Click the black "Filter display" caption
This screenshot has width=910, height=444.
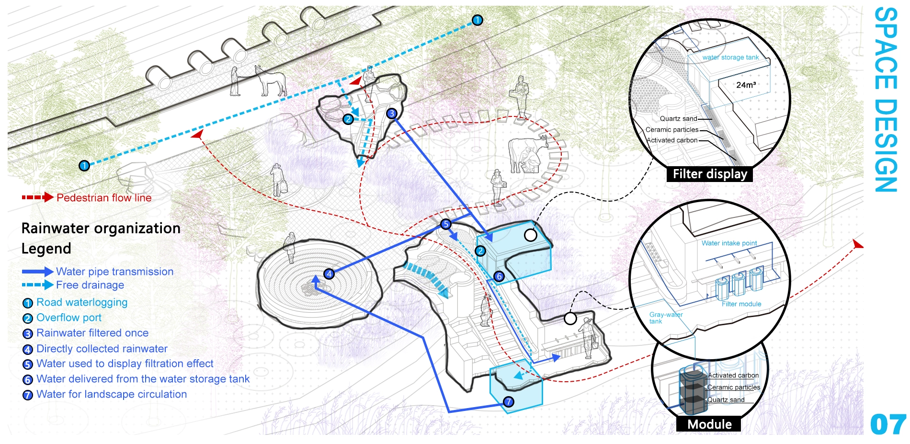710,174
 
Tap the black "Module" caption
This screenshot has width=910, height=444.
709,424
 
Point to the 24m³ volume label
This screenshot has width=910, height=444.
746,85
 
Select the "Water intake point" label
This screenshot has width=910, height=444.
729,243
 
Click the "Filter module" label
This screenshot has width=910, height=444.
741,304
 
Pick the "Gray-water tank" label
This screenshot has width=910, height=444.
665,318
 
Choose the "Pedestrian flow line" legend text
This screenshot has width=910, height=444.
104,198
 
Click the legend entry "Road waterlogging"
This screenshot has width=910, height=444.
82,302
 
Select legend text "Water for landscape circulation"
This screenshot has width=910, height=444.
112,394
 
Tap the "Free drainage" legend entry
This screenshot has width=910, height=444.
90,285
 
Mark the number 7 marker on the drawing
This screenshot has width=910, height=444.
509,401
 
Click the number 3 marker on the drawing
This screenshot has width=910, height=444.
392,114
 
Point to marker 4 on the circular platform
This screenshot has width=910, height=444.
329,274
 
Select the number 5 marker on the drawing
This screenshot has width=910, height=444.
446,224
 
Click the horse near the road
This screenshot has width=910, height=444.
271,80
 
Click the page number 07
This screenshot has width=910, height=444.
888,424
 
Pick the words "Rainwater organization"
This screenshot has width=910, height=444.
101,228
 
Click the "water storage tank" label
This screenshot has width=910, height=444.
730,57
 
